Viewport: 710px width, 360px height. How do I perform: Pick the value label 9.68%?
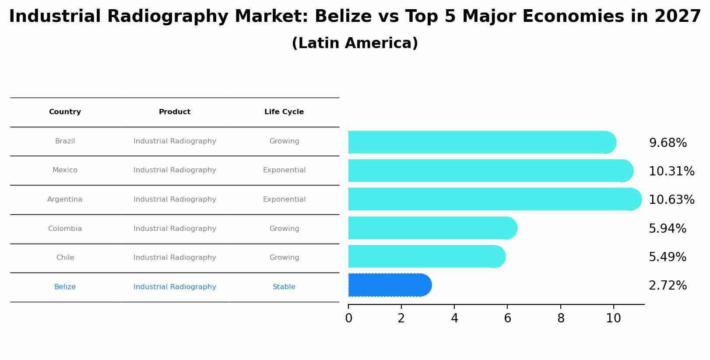coord(668,143)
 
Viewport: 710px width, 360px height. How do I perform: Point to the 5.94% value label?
coord(667,229)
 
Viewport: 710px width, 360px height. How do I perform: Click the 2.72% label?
coord(667,286)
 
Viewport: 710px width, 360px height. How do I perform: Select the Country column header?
coord(65,112)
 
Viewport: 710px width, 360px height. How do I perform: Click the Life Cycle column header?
coord(284,112)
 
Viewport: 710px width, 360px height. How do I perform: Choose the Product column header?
coord(174,112)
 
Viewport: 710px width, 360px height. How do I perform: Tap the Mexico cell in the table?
coord(65,170)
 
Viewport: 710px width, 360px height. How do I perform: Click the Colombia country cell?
coord(65,229)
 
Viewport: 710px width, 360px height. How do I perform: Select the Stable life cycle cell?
coord(284,287)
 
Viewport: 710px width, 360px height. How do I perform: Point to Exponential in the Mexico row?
coord(284,170)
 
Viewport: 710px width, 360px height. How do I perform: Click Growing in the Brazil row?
coord(284,141)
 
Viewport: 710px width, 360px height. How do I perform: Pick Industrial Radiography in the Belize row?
coord(175,287)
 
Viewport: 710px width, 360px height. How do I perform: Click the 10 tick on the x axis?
coord(613,318)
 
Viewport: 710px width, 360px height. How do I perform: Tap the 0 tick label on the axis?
coord(348,318)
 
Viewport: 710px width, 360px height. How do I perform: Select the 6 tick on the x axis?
coord(507,318)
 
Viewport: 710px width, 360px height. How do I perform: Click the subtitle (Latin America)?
coord(355,43)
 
